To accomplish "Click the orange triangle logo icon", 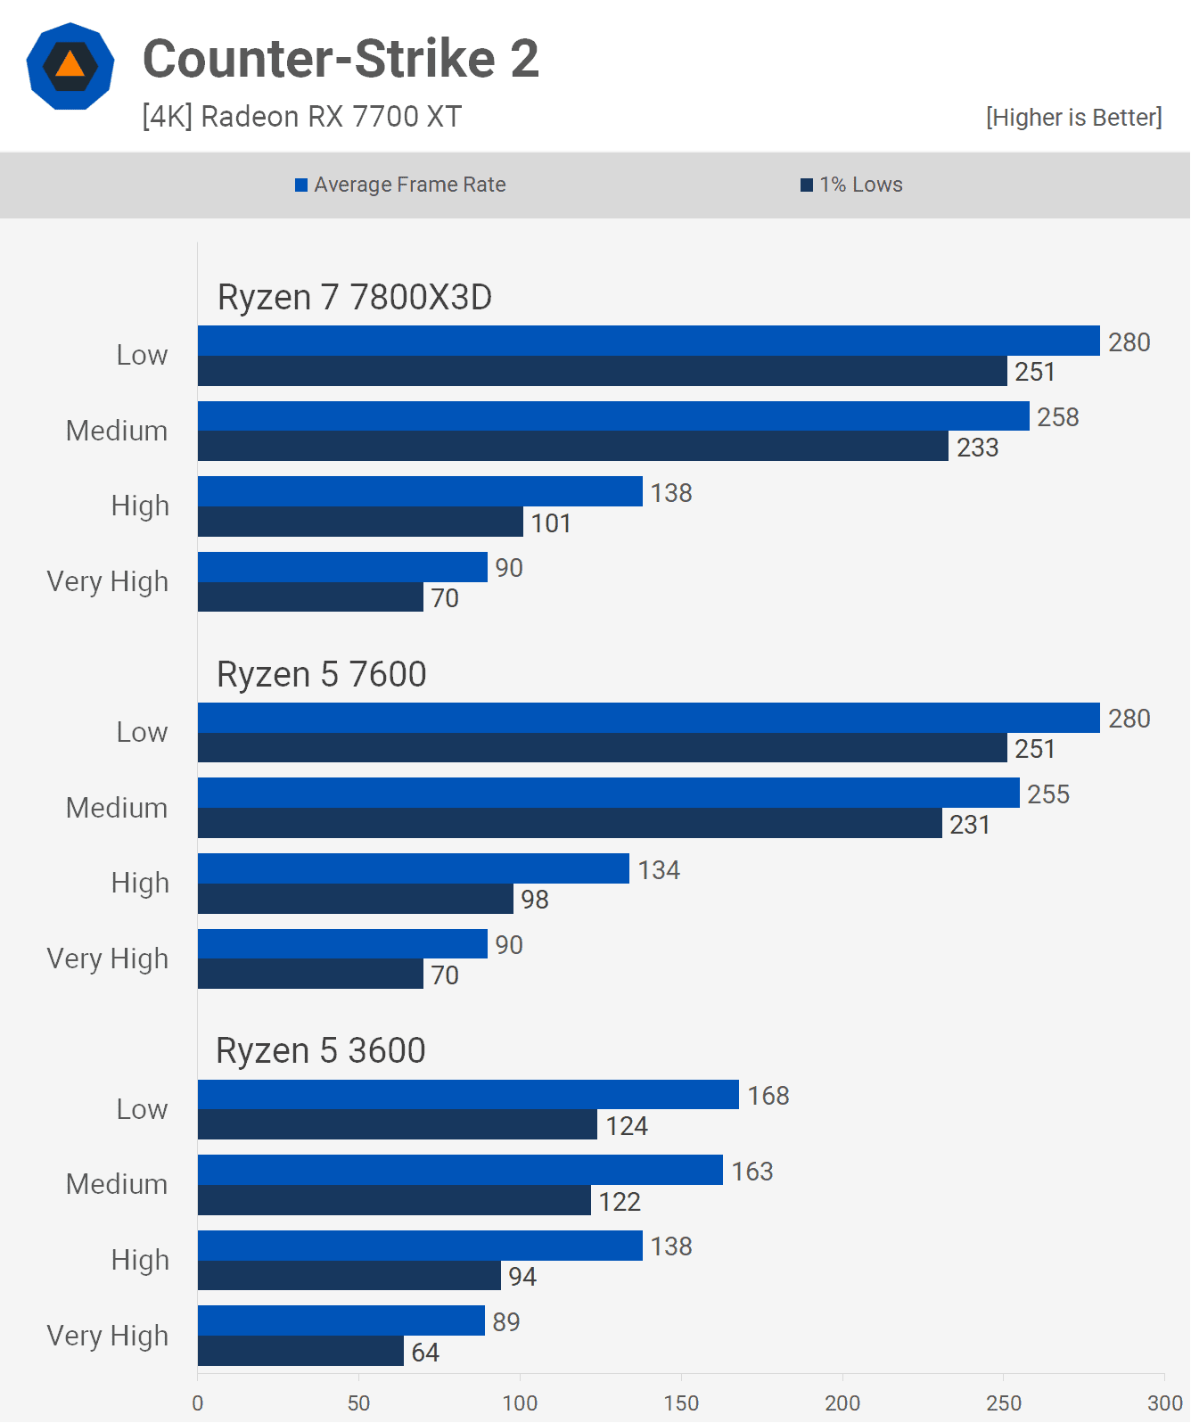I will pyautogui.click(x=70, y=66).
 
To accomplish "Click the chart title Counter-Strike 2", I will pyautogui.click(x=341, y=59).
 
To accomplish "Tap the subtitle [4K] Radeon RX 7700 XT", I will pyautogui.click(x=301, y=117).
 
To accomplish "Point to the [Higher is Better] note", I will pyautogui.click(x=1073, y=118).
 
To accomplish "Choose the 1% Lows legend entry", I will pyautogui.click(x=851, y=185).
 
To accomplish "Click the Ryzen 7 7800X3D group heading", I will pyautogui.click(x=355, y=298).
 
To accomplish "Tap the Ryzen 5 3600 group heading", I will pyautogui.click(x=321, y=1051).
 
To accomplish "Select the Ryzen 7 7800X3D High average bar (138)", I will pyautogui.click(x=420, y=491).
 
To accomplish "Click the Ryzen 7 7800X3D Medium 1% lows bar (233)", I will pyautogui.click(x=572, y=447).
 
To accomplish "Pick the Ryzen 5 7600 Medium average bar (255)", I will pyautogui.click(x=608, y=793).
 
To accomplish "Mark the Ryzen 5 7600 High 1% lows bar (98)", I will pyautogui.click(x=355, y=899).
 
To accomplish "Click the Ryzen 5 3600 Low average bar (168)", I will pyautogui.click(x=468, y=1095).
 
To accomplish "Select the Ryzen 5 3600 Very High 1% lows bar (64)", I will pyautogui.click(x=300, y=1352).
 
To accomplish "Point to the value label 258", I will pyautogui.click(x=1057, y=417).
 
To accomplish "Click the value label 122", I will pyautogui.click(x=620, y=1202).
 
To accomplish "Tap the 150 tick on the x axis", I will pyautogui.click(x=681, y=1403).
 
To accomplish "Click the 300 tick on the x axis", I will pyautogui.click(x=1164, y=1403).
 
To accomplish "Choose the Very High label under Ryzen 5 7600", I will pyautogui.click(x=108, y=958).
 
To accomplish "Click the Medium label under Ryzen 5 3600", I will pyautogui.click(x=117, y=1184).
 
